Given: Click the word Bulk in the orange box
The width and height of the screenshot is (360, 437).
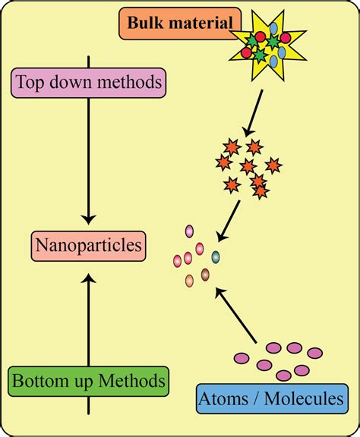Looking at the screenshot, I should click(x=145, y=24).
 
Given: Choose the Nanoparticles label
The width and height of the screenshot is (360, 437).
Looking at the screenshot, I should click(x=88, y=245).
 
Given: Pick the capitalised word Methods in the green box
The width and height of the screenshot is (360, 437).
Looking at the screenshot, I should click(x=132, y=379).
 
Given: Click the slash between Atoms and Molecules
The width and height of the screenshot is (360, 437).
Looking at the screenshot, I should click(x=256, y=398).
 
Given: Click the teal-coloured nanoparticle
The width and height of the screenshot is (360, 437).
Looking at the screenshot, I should click(x=216, y=256).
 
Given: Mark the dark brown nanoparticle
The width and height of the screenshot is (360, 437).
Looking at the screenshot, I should click(x=205, y=274).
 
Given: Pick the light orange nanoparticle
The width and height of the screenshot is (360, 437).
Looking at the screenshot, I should click(x=189, y=281).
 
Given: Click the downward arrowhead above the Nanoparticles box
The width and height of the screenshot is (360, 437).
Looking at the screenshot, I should click(x=89, y=218).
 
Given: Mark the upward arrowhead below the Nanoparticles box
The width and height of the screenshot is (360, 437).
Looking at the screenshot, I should click(x=89, y=278).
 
